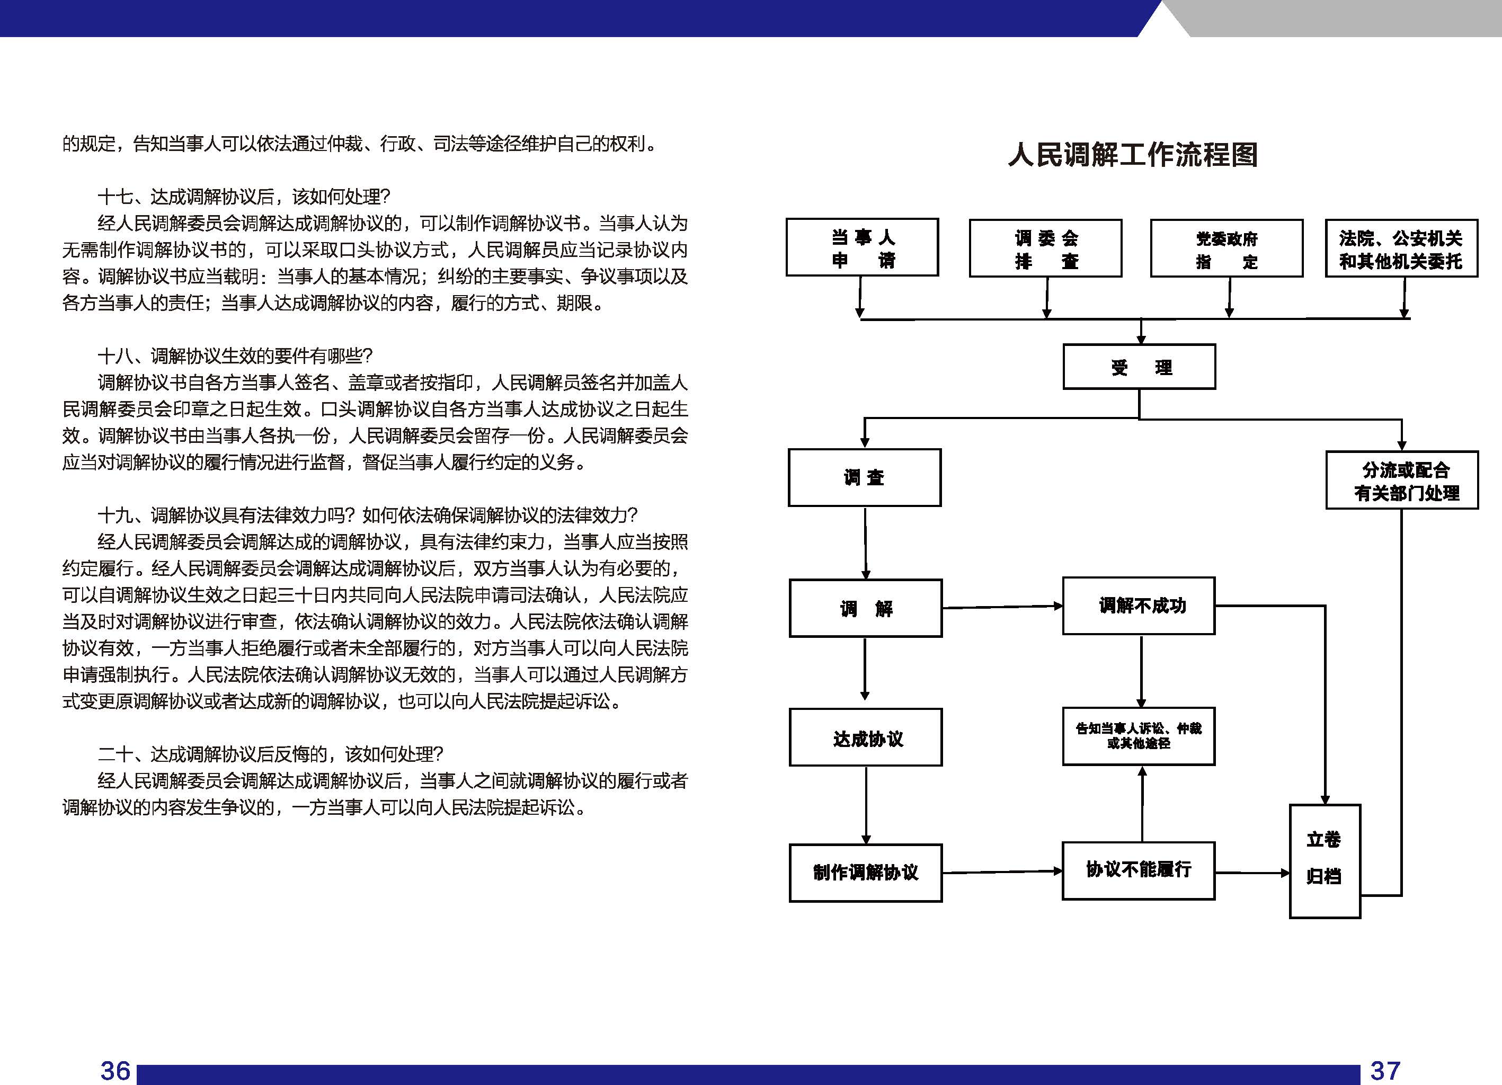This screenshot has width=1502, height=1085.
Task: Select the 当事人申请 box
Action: tap(863, 247)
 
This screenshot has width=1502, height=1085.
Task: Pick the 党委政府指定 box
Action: tap(1227, 248)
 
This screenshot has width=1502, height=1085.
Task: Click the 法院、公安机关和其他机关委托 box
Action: tap(1401, 248)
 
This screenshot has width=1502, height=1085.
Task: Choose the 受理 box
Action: tap(1139, 366)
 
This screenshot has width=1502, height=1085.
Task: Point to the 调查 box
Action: tap(864, 477)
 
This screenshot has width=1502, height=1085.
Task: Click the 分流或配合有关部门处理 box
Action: tap(1402, 480)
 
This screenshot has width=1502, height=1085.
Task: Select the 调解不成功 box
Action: tap(1139, 606)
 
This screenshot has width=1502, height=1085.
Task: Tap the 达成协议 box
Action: tap(866, 737)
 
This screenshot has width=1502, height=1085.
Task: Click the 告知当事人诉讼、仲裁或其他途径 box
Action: tap(1139, 736)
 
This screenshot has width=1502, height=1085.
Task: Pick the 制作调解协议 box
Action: tap(866, 873)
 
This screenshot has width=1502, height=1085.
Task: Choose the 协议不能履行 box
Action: tap(1139, 871)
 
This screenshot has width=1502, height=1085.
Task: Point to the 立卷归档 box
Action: tap(1325, 861)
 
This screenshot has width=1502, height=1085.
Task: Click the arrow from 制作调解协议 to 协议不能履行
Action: tap(1002, 871)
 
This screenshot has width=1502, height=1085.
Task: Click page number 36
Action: tap(115, 1070)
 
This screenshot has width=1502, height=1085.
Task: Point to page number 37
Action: tap(1385, 1070)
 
